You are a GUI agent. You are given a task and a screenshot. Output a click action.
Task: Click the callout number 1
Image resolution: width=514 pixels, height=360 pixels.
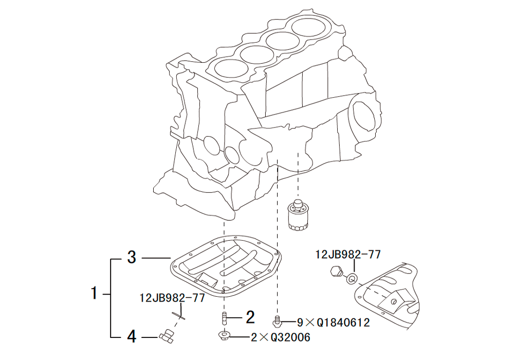pos(94,294)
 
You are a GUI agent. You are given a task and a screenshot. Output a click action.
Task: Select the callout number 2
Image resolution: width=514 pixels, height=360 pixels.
pos(250,317)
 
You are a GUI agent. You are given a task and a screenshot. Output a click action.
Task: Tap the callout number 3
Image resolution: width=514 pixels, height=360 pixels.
pos(132,257)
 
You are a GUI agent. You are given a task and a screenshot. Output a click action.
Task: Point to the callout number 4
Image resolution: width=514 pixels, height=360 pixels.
pos(132,336)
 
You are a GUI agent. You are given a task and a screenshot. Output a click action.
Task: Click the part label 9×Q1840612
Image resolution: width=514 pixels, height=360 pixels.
pos(333,322)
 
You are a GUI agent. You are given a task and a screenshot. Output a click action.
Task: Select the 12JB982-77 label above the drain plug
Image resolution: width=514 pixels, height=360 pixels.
pos(347,254)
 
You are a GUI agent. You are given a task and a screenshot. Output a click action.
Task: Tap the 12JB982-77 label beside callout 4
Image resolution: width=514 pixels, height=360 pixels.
pos(172,297)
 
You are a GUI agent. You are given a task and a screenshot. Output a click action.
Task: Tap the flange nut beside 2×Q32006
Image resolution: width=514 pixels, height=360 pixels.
pos(224,336)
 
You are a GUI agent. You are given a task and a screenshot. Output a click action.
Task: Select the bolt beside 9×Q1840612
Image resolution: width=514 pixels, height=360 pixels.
pos(278,321)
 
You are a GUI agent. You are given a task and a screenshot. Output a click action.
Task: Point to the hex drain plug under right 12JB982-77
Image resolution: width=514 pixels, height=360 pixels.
pos(337,272)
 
